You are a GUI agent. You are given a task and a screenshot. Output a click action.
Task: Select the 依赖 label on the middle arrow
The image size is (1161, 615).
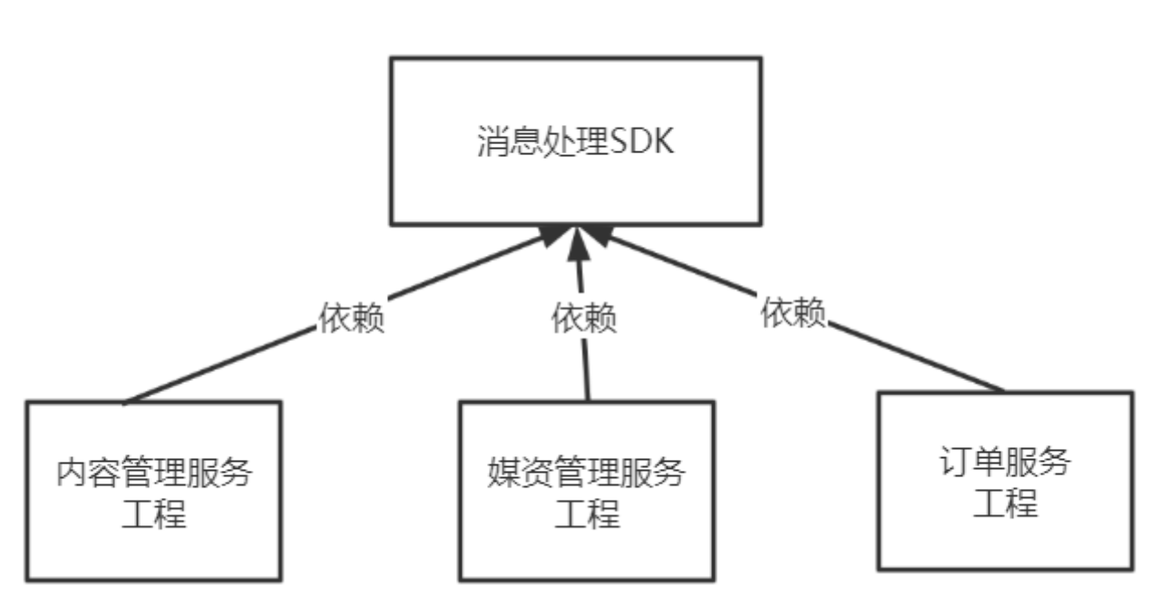click(x=585, y=318)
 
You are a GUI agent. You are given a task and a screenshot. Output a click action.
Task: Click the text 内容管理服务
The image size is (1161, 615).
click(x=154, y=473)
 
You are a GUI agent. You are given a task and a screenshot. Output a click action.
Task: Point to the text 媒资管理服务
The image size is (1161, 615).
click(x=586, y=473)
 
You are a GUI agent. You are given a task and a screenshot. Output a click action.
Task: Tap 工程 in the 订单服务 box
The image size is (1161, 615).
click(x=1005, y=502)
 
